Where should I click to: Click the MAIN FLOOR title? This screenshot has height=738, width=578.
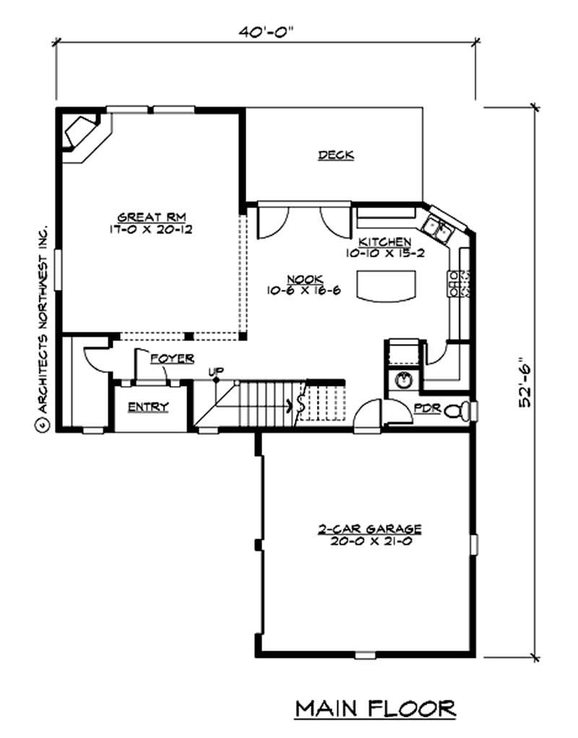point(375,708)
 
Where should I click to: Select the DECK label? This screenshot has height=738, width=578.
point(336,155)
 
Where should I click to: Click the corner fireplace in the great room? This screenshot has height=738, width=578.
point(82,133)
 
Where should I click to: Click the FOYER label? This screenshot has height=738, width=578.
point(171,358)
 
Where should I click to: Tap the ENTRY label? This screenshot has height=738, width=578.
point(148,407)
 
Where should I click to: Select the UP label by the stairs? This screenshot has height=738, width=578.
point(215,372)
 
